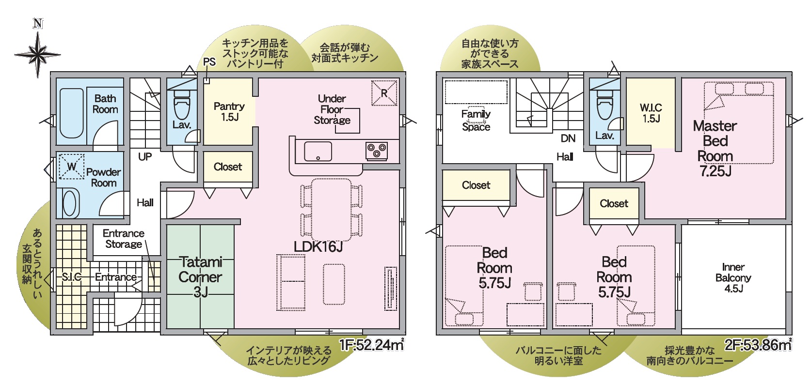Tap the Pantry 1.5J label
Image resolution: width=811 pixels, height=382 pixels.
(x=229, y=111)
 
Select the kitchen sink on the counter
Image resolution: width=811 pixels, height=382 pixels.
(x=318, y=151)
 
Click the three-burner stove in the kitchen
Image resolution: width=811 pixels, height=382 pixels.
(x=377, y=151)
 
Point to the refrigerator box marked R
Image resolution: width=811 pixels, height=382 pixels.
(x=384, y=93)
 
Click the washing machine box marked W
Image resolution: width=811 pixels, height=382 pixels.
(x=72, y=167)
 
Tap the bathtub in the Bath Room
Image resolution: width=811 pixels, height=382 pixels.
(x=72, y=112)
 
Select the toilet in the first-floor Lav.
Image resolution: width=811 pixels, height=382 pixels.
(x=182, y=105)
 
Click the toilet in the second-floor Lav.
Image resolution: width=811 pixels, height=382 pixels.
(x=604, y=105)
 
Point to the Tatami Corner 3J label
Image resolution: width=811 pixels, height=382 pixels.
(x=200, y=277)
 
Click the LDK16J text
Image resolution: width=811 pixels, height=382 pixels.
(x=318, y=247)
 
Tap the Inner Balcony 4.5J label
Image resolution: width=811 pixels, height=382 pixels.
(x=733, y=278)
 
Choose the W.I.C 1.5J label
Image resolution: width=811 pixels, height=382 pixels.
(x=651, y=113)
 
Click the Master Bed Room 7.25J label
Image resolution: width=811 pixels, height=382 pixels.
(x=715, y=148)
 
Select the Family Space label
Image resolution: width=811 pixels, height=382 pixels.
(x=476, y=121)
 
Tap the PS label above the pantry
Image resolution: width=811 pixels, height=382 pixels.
(x=209, y=62)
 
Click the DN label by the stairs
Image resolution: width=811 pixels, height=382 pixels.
(x=568, y=138)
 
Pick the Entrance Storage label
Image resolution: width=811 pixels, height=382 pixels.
(x=124, y=239)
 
